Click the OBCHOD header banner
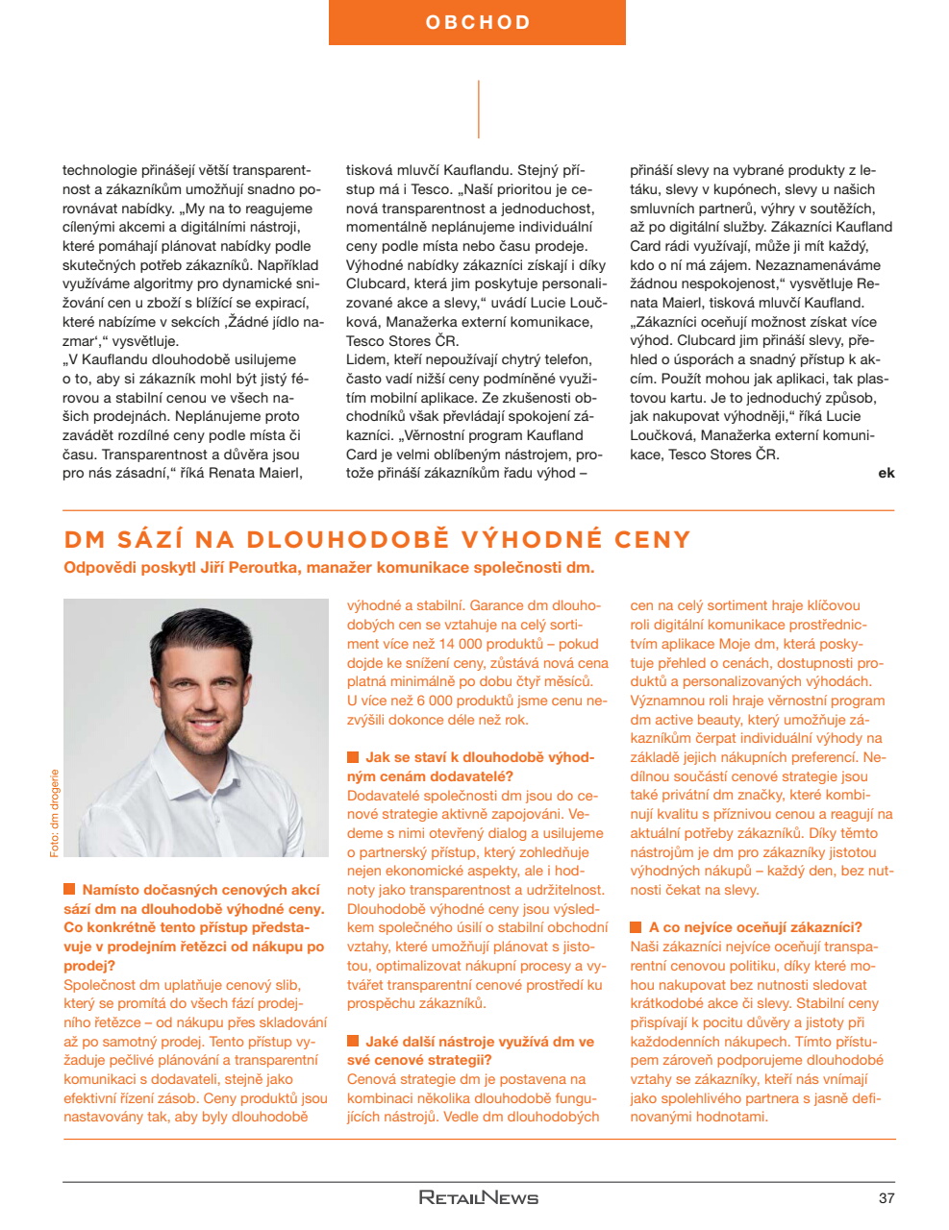point(477,22)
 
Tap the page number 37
point(886,1197)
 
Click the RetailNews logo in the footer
point(478,1197)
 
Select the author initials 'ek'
point(886,473)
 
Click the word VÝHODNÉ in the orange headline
point(532,539)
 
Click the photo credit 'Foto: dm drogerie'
point(55,812)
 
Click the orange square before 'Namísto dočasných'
point(69,890)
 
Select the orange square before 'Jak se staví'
point(353,757)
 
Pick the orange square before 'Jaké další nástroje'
point(353,1041)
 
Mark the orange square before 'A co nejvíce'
point(637,927)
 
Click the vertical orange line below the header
point(478,109)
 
